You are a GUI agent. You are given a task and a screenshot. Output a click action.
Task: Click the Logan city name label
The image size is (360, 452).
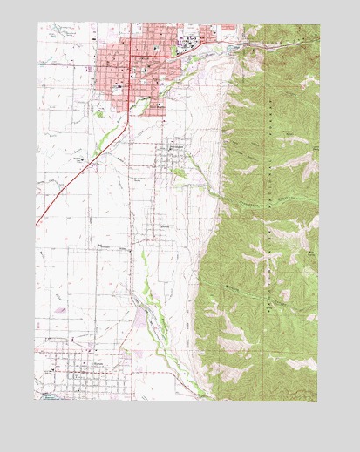[x=145, y=57]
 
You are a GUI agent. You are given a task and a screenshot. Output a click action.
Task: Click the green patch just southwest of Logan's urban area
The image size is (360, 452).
[x=103, y=111]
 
